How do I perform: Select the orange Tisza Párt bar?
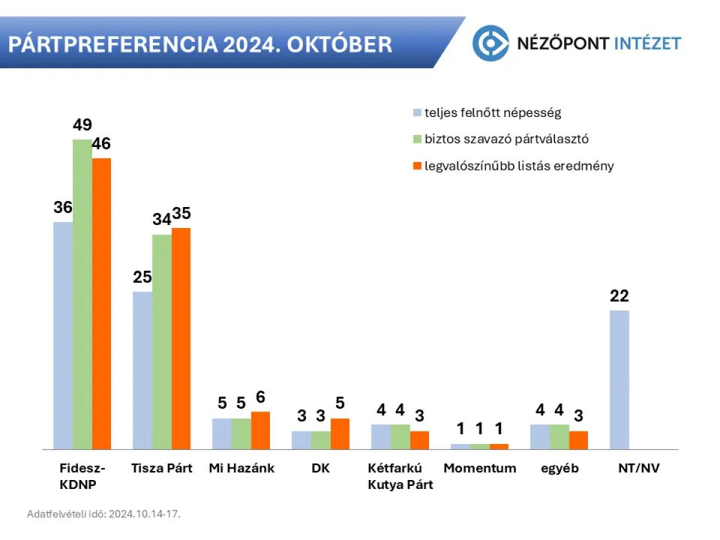tap(181, 338)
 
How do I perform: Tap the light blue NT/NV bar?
tap(619, 379)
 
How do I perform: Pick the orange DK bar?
tap(340, 433)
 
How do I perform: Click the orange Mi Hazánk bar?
tap(260, 430)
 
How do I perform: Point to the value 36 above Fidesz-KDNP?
tap(63, 208)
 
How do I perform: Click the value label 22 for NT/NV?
tap(619, 296)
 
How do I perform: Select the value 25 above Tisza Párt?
tap(142, 277)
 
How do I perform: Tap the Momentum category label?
tap(479, 468)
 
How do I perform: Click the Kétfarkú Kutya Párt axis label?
tap(400, 476)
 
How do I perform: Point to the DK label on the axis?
tap(321, 468)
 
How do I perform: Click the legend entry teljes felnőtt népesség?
tap(492, 113)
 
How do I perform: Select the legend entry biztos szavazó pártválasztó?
tap(506, 139)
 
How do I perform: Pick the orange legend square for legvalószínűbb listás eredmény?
tap(417, 166)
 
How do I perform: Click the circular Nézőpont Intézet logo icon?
tap(490, 43)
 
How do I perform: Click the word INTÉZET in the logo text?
tap(644, 43)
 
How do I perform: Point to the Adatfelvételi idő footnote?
tap(103, 514)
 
